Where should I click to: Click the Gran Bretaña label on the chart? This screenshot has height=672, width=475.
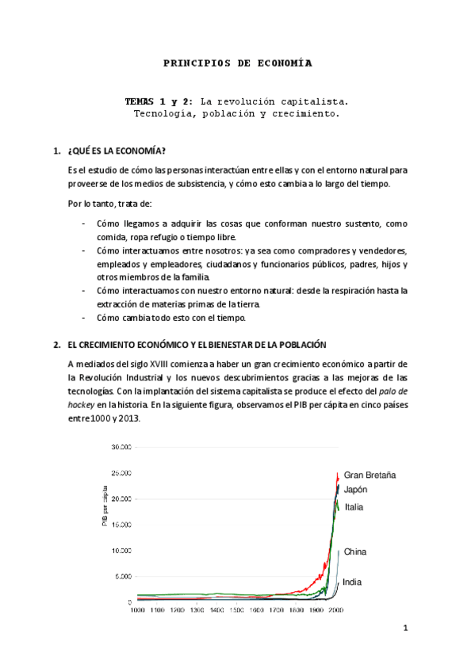coord(370,475)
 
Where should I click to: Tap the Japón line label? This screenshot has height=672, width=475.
coord(355,490)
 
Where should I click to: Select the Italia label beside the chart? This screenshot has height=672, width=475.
coord(354,507)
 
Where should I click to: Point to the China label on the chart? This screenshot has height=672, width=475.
coord(355,552)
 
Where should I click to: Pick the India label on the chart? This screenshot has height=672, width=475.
coord(352,582)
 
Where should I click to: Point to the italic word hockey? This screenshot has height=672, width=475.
coord(82,403)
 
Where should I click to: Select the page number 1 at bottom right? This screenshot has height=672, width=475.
coord(404,629)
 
